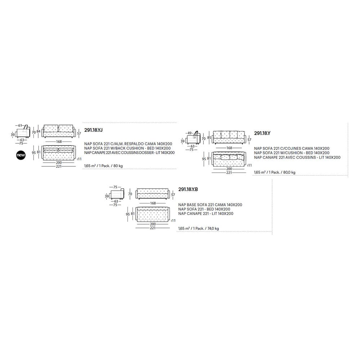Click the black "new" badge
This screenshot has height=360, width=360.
pyautogui.click(x=21, y=155)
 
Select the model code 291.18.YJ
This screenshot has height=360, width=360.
pyautogui.click(x=93, y=130)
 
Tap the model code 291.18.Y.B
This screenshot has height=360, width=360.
pyautogui.click(x=188, y=189)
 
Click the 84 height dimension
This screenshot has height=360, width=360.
pyautogui.click(x=39, y=131)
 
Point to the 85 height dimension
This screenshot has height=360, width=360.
pyautogui.click(x=209, y=138)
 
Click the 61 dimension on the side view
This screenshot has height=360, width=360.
pyautogui.click(x=20, y=126)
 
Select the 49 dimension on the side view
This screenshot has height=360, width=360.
pyautogui.click(x=189, y=133)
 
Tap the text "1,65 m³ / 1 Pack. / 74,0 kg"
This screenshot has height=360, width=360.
pyautogui.click(x=199, y=229)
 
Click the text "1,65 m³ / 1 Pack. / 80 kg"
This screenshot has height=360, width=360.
pyautogui.click(x=103, y=166)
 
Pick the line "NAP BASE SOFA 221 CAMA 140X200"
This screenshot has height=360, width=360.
pyautogui.click(x=210, y=205)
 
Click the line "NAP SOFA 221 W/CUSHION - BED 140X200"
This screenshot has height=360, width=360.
pyautogui.click(x=292, y=153)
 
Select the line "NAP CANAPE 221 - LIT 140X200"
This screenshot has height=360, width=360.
pyautogui.click(x=206, y=213)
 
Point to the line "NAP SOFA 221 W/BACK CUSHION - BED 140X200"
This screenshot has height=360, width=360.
pyautogui.click(x=127, y=148)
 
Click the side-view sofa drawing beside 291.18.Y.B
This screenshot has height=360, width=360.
pyautogui.click(x=117, y=194)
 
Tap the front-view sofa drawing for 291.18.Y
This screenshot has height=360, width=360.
pyautogui.click(x=229, y=138)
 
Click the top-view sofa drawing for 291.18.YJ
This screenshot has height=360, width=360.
pyautogui.click(x=59, y=153)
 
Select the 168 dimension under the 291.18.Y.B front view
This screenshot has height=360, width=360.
pyautogui.click(x=153, y=203)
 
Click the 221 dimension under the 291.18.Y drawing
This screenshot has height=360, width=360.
pyautogui.click(x=229, y=173)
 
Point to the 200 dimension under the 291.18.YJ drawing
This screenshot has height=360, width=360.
pyautogui.click(x=59, y=163)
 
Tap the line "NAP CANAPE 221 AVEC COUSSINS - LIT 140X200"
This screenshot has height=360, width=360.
pyautogui.click(x=297, y=158)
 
